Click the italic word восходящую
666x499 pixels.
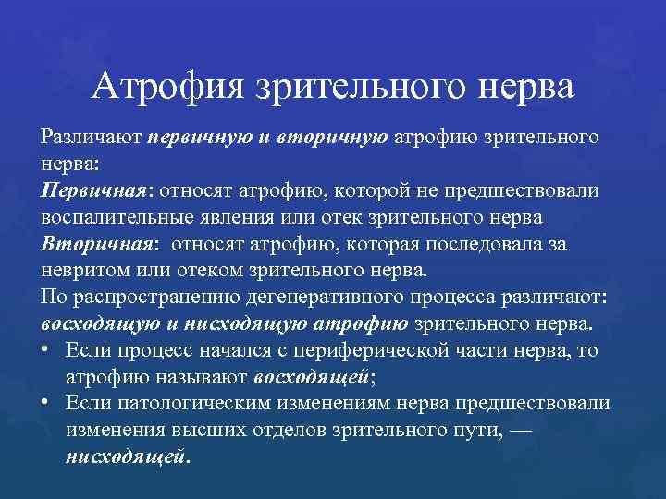pyautogui.click(x=95, y=325)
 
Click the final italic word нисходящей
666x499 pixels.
pyautogui.click(x=125, y=457)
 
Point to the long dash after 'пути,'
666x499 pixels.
pyautogui.click(x=501, y=431)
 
